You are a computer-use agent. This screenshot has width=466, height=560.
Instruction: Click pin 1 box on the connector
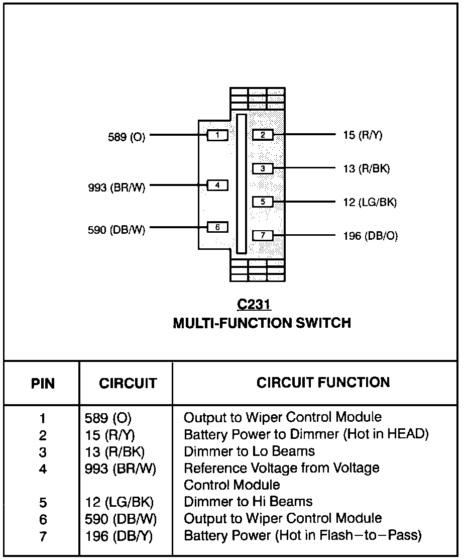(x=217, y=135)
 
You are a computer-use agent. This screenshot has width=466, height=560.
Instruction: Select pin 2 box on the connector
(x=263, y=135)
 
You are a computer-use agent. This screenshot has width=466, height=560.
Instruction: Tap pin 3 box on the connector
(x=263, y=168)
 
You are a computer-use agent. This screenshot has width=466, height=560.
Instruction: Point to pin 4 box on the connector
(x=217, y=185)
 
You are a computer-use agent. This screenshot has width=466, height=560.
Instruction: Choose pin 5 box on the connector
(x=263, y=202)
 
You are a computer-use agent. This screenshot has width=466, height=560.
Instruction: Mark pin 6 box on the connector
(x=217, y=227)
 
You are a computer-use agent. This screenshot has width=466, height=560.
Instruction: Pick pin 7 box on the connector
(x=263, y=235)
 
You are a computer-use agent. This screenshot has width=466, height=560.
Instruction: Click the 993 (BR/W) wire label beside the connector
(x=117, y=188)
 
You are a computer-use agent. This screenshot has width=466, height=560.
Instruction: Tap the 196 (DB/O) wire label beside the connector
(x=371, y=236)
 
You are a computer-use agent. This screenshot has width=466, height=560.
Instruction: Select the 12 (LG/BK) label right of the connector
(x=370, y=202)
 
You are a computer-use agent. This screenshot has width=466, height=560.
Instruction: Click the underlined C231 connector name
(x=254, y=305)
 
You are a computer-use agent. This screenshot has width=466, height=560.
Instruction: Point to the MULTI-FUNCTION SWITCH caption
(x=262, y=323)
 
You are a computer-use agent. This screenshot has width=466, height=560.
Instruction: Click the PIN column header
(x=43, y=384)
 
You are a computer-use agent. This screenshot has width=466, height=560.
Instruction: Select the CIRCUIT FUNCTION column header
(x=323, y=383)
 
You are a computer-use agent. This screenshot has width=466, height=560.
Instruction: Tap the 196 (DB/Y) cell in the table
(x=119, y=536)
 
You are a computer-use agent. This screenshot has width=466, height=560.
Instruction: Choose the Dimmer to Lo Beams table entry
(x=249, y=451)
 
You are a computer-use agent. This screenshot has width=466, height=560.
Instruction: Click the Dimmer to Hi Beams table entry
(x=248, y=502)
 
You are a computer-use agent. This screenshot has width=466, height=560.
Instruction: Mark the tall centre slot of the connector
(x=242, y=184)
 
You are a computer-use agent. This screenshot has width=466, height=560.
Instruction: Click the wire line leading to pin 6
(x=178, y=227)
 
